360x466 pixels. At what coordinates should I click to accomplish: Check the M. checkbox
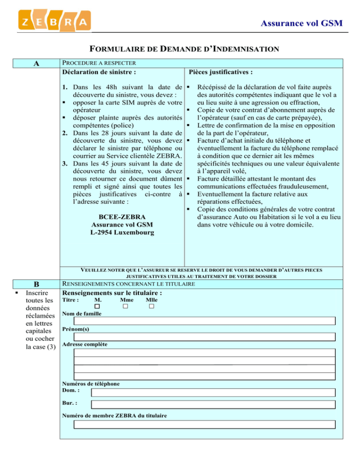click(x=97, y=307)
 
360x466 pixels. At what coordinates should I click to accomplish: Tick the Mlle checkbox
click(x=151, y=307)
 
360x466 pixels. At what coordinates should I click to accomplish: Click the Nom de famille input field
click(x=205, y=321)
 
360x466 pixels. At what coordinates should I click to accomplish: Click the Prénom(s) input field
click(x=205, y=337)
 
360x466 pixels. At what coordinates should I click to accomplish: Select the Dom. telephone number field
click(x=213, y=392)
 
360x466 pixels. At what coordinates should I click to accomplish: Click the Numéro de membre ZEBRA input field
click(x=205, y=424)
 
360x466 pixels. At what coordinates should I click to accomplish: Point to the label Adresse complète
click(x=84, y=345)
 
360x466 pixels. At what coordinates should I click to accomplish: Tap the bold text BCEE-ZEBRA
click(x=122, y=217)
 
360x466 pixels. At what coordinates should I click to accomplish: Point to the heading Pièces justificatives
click(x=221, y=72)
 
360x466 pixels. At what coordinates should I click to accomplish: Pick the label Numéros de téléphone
click(x=90, y=383)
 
